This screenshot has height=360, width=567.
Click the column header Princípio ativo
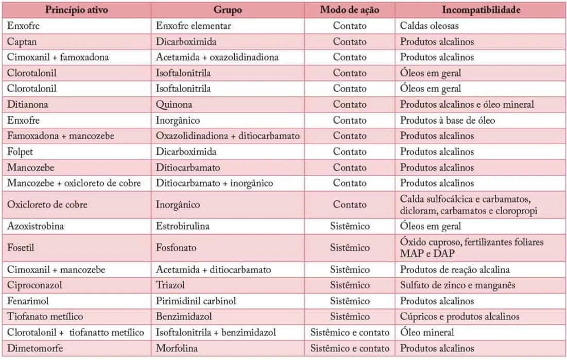77,10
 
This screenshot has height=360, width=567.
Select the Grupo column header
228,10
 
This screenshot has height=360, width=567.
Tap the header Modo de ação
350,10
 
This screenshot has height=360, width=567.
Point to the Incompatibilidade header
481,10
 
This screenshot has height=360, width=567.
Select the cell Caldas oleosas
429,26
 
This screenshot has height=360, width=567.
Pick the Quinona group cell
174,105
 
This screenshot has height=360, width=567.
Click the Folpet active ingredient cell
20,152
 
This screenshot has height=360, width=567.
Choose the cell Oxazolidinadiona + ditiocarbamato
228,136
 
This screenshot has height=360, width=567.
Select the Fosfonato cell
176,248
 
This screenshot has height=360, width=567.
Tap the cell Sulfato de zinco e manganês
458,285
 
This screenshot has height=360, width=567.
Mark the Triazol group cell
170,285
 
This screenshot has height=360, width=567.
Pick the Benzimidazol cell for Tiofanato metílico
184,317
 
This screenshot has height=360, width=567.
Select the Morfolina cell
177,348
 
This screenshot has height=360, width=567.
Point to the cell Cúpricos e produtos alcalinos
459,317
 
